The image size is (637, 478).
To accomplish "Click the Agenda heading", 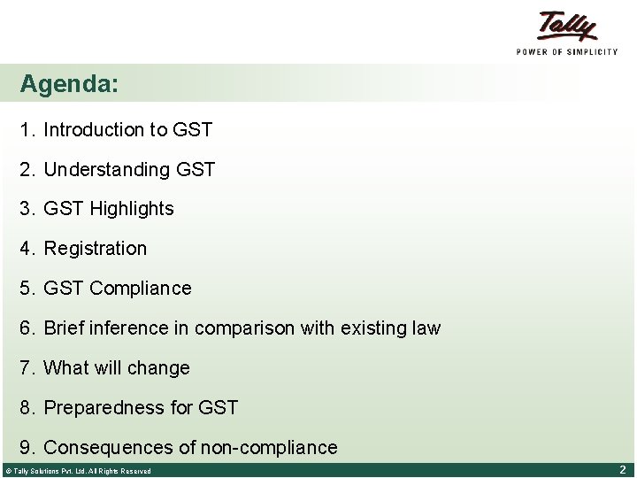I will [69, 85].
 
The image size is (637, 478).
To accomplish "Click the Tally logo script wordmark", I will [567, 26].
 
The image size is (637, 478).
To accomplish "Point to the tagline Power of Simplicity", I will [567, 52].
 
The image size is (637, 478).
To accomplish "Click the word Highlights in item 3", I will [132, 210].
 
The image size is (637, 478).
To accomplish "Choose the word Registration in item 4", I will [96, 249].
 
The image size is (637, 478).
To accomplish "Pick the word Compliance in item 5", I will [141, 289].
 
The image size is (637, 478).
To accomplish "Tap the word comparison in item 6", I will [244, 329].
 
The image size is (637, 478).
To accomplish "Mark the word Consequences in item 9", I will [109, 448].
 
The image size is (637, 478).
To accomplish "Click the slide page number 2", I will [622, 470].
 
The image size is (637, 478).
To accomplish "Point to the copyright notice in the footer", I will [78, 471].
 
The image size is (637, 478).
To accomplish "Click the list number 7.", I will [27, 368].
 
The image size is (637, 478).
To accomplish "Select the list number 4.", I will [27, 249].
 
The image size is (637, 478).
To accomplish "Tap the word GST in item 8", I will [219, 408].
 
